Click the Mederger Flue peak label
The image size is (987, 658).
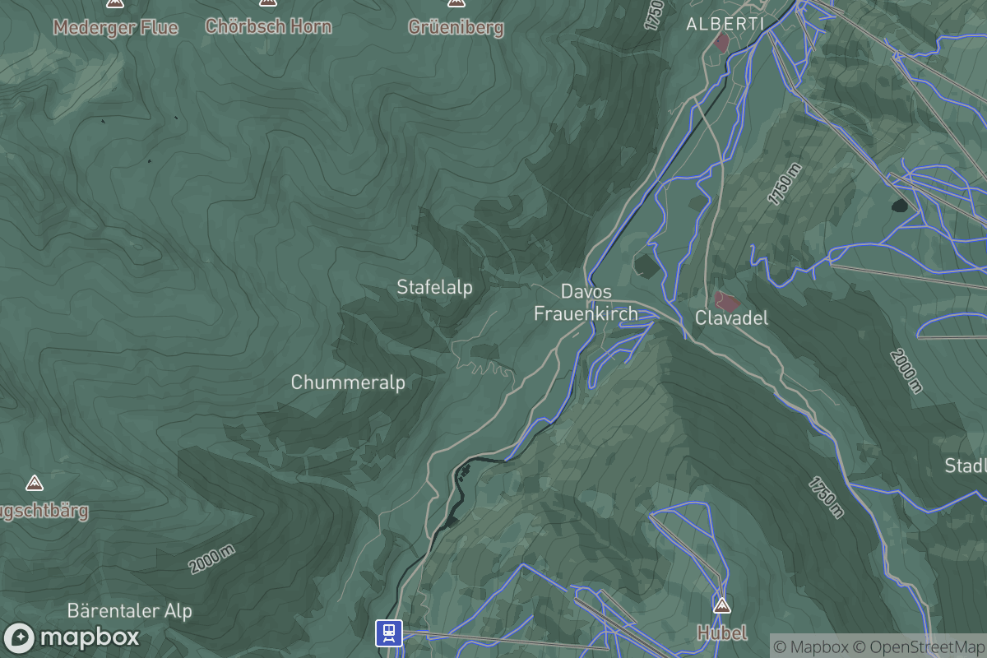click(x=115, y=27)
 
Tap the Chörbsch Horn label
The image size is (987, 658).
click(x=268, y=26)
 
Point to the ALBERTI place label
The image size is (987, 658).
click(x=725, y=24)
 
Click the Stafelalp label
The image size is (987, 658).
click(x=434, y=287)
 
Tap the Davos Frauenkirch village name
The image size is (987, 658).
click(x=586, y=302)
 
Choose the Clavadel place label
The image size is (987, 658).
click(x=731, y=317)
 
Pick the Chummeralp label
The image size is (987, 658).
click(x=348, y=382)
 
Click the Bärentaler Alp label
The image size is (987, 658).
click(x=130, y=611)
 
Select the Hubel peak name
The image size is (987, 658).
click(x=722, y=633)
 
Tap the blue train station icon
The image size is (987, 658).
click(x=389, y=633)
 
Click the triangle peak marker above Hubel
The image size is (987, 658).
click(x=722, y=606)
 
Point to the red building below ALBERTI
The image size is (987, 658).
click(x=722, y=43)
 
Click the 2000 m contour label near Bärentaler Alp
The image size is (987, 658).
click(x=211, y=560)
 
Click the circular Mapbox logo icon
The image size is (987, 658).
click(x=20, y=638)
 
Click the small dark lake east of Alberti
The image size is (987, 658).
click(x=900, y=205)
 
